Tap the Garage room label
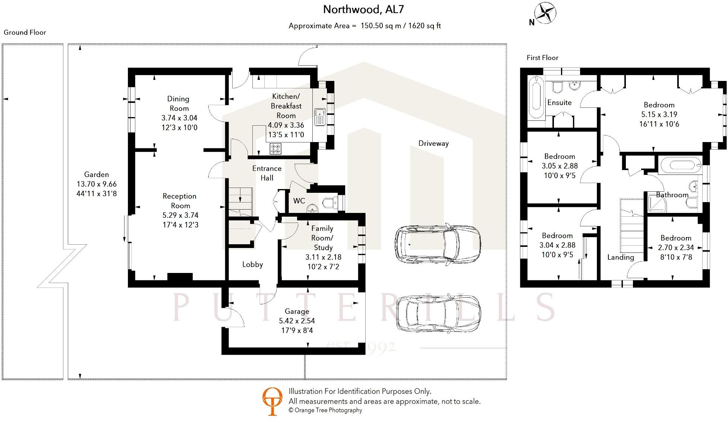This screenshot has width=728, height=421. point(297,311)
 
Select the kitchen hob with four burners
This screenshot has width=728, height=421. point(275,149)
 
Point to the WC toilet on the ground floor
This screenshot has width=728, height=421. point(330,202)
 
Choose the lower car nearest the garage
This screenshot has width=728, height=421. point(438,314)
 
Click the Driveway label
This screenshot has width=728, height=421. point(433,144)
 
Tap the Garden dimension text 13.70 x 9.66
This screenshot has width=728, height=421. point(97,184)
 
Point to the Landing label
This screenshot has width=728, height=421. point(620,257)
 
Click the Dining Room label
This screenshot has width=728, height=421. point(179,104)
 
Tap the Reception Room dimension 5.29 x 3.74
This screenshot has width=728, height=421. point(180,216)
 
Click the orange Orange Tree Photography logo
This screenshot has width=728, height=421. point(272,401)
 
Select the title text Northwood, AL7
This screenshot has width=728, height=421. point(363,9)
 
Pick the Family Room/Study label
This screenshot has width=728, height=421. point(322,238)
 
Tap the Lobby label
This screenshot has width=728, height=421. point(252,265)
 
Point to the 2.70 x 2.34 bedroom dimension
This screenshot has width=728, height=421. point(676,248)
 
